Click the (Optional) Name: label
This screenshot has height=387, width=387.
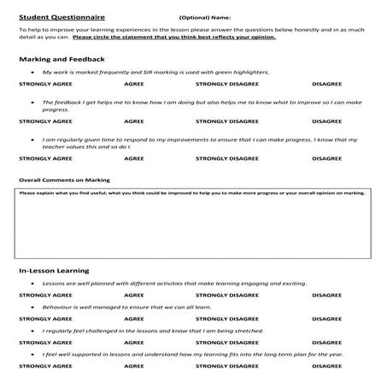point(204,16)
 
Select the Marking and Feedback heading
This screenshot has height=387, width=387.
point(62,59)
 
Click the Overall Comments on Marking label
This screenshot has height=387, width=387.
point(63,181)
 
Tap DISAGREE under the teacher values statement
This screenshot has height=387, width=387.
point(327,158)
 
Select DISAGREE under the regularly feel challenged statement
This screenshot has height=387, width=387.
point(327,341)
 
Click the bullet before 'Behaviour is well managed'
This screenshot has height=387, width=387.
point(32,306)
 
